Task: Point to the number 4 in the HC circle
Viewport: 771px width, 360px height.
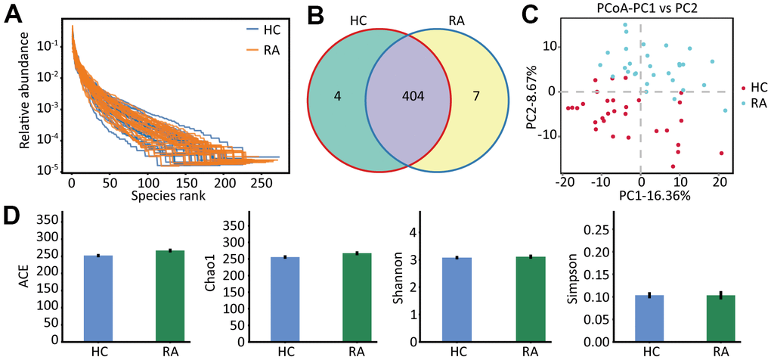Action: pos(337,98)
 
